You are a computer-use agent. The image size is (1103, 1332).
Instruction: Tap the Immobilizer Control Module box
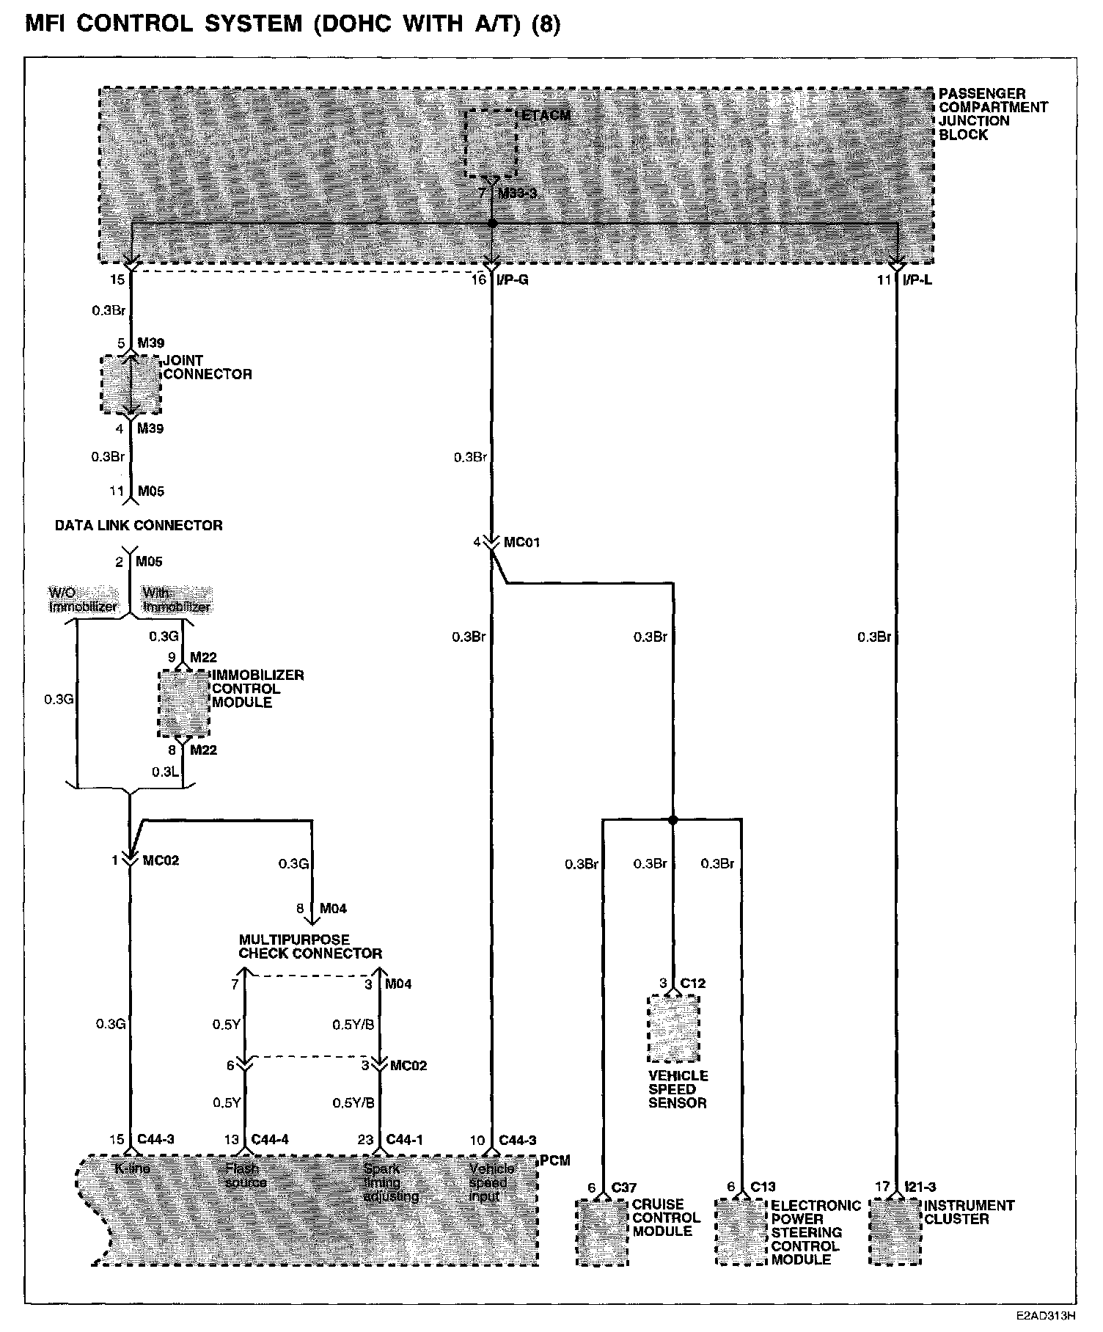[x=183, y=703]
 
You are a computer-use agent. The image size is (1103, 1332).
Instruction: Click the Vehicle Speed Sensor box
[x=673, y=1028]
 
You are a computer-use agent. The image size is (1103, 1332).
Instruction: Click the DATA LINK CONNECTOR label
[x=139, y=525]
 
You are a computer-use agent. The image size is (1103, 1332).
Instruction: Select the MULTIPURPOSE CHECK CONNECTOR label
[x=310, y=946]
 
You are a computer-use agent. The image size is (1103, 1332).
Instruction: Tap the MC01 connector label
[x=521, y=542]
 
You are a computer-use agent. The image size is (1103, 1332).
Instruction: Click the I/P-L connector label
[x=917, y=279]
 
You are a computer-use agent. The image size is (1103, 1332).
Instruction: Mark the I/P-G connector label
[x=513, y=279]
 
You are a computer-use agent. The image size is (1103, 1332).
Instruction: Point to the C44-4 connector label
[x=270, y=1140]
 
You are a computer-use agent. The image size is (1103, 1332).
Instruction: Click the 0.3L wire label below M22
[x=162, y=772]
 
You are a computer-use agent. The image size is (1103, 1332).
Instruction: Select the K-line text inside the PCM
[x=132, y=1168]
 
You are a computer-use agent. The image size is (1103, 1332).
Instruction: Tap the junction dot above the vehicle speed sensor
[x=673, y=819]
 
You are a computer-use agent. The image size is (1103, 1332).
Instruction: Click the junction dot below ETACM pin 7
[x=492, y=222]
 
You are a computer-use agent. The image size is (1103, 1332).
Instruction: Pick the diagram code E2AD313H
[x=1045, y=1317]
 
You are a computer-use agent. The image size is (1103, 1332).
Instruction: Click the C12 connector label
[x=692, y=983]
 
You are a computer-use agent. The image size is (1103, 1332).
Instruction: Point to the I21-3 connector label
[x=920, y=1187]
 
